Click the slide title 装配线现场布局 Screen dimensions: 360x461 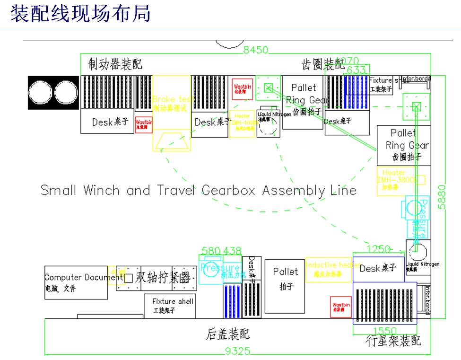point(81,14)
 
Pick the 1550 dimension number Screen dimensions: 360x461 point(384,331)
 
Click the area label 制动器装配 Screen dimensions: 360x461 point(115,64)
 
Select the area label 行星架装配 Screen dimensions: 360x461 point(393,341)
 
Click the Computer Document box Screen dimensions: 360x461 point(76,282)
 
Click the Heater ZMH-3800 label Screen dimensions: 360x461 point(396,180)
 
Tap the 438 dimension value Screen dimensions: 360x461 point(232,250)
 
